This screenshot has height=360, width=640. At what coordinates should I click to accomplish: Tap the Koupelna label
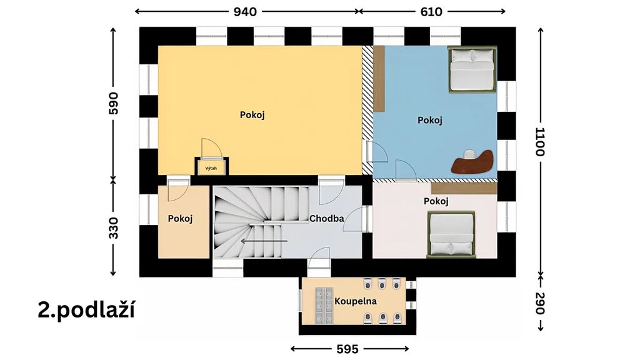[356, 302]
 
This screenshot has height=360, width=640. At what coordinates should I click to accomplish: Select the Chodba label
[326, 218]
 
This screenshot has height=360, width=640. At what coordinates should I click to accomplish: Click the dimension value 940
[245, 12]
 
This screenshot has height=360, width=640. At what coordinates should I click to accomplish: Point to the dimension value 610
[431, 12]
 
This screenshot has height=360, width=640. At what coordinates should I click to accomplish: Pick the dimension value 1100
[540, 142]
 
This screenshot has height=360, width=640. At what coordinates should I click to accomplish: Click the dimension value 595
[347, 349]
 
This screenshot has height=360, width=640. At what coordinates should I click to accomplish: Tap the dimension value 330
[114, 228]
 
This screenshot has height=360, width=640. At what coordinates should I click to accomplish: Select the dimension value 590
[114, 103]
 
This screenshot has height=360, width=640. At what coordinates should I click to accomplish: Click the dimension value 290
[540, 304]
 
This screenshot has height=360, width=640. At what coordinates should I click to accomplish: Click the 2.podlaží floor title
[86, 310]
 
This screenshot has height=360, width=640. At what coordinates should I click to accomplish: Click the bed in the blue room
[472, 69]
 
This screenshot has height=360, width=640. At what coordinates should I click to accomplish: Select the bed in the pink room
[451, 234]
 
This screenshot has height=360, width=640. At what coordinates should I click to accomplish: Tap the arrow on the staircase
[264, 241]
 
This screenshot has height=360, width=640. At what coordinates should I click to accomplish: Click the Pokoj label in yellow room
[252, 115]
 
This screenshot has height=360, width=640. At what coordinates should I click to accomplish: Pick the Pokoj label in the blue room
[430, 120]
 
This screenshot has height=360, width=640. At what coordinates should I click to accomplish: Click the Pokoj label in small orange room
[180, 218]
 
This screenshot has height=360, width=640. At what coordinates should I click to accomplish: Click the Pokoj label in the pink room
[436, 201]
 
